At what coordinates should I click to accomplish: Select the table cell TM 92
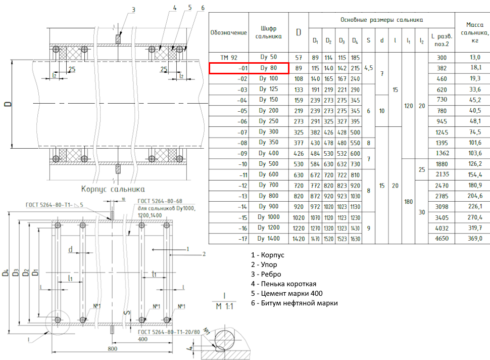click(x=228, y=58)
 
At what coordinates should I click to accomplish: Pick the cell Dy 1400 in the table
click(x=268, y=238)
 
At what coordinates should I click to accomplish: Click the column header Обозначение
click(x=228, y=32)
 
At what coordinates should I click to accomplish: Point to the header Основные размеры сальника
click(x=381, y=20)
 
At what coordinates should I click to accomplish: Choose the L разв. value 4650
click(x=442, y=238)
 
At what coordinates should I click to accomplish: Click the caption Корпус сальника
click(x=110, y=190)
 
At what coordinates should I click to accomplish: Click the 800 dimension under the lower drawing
click(x=113, y=349)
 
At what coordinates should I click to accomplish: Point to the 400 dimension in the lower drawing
click(x=142, y=339)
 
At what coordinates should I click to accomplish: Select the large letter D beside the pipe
click(x=8, y=105)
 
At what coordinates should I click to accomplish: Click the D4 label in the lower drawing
click(x=6, y=273)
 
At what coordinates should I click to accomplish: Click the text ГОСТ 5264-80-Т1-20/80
click(x=167, y=332)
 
